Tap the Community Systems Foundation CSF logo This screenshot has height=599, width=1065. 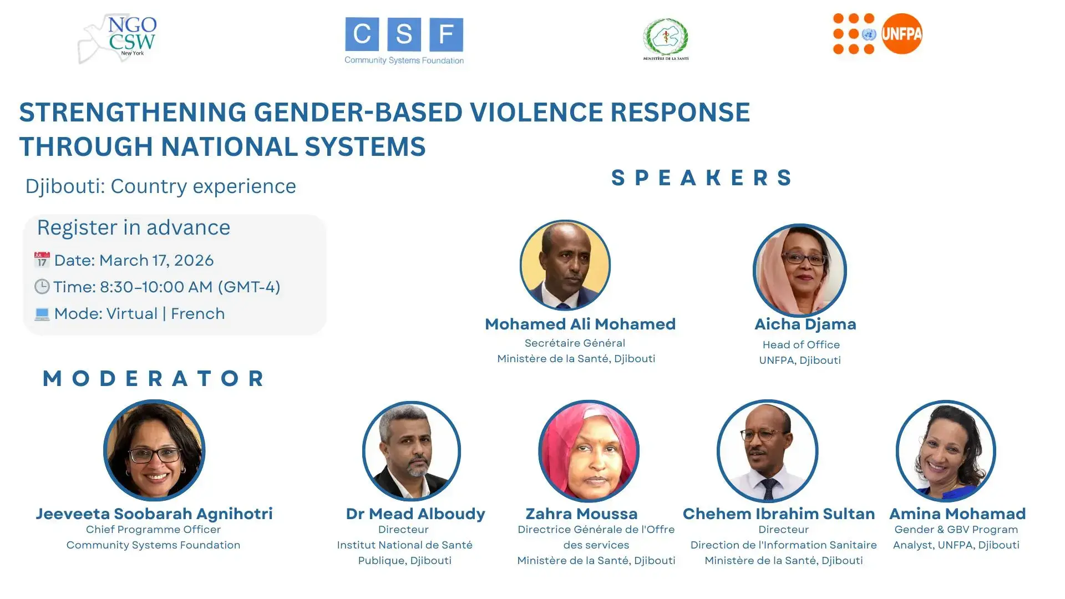(404, 40)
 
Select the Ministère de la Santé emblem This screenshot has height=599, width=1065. (666, 39)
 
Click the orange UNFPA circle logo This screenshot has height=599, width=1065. (902, 34)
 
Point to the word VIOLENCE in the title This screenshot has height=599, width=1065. (536, 113)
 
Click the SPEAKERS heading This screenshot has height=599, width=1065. (702, 178)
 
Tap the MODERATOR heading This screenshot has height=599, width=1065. (154, 378)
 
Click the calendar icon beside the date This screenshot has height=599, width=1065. (42, 260)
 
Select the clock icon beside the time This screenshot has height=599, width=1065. (42, 287)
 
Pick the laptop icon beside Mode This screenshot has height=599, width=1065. (42, 314)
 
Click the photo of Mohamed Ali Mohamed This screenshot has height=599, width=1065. (565, 265)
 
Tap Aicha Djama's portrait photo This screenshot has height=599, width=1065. (799, 270)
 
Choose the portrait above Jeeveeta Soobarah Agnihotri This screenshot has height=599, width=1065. (154, 450)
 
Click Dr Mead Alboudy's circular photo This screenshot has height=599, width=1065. (411, 450)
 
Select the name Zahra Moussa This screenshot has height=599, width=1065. (581, 514)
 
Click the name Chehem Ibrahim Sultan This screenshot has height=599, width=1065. (778, 514)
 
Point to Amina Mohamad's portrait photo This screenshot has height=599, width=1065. (946, 450)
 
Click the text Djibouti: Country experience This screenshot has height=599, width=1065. (161, 186)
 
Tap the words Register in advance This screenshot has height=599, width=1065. (134, 228)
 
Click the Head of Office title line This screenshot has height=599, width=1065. (801, 345)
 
